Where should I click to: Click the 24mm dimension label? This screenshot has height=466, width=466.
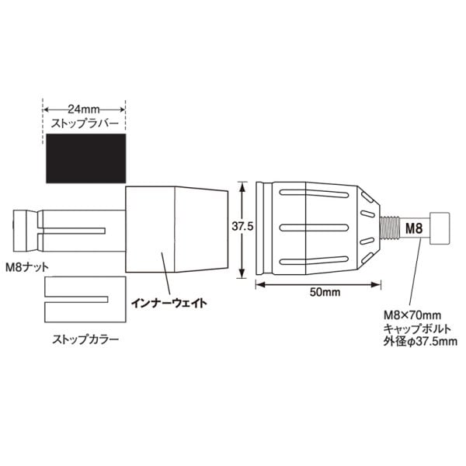[84, 110]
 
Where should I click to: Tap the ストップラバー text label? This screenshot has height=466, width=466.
[85, 123]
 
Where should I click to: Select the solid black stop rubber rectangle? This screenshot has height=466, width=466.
[86, 158]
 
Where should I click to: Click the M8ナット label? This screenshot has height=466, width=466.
[27, 267]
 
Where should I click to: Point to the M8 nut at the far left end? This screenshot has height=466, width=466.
[26, 231]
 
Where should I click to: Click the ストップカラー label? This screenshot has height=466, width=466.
[85, 339]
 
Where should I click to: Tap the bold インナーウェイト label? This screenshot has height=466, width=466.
[169, 303]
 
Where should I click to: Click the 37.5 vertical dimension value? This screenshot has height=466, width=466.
[242, 227]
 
